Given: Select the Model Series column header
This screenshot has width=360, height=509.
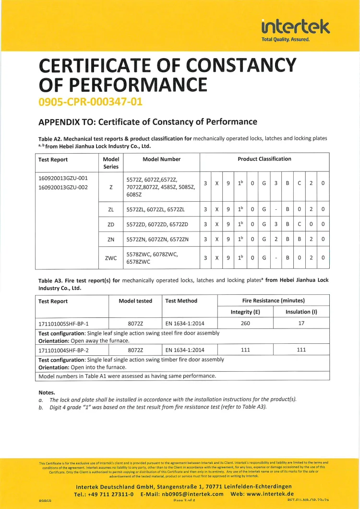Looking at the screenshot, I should pyautogui.click(x=111, y=163).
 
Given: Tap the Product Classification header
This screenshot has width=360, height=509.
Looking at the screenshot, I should pyautogui.click(x=264, y=159).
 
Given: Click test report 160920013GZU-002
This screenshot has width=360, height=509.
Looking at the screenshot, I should pyautogui.click(x=63, y=187).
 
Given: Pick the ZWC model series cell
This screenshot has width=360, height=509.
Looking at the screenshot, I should pyautogui.click(x=111, y=258).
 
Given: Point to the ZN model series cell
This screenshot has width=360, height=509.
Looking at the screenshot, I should pyautogui.click(x=111, y=239).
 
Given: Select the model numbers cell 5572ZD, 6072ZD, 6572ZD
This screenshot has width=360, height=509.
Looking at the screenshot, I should pyautogui.click(x=157, y=224).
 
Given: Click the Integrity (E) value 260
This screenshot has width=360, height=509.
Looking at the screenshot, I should pyautogui.click(x=245, y=323).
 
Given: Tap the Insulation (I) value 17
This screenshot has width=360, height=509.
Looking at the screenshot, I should pyautogui.click(x=301, y=323).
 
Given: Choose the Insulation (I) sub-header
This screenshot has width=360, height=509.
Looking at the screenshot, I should pyautogui.click(x=301, y=312).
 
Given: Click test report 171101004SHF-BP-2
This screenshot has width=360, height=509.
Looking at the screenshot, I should pyautogui.click(x=63, y=350).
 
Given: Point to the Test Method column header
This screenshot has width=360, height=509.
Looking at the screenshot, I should pyautogui.click(x=181, y=301).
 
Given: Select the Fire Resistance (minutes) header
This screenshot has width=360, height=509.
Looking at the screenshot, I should pyautogui.click(x=273, y=301).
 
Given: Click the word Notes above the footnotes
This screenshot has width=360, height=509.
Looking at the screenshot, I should pyautogui.click(x=47, y=392).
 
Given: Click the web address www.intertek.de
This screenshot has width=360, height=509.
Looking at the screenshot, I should pyautogui.click(x=270, y=494).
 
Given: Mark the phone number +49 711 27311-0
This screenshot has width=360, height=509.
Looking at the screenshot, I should pyautogui.click(x=111, y=494).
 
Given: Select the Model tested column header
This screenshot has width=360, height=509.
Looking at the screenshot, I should pyautogui.click(x=135, y=301).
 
